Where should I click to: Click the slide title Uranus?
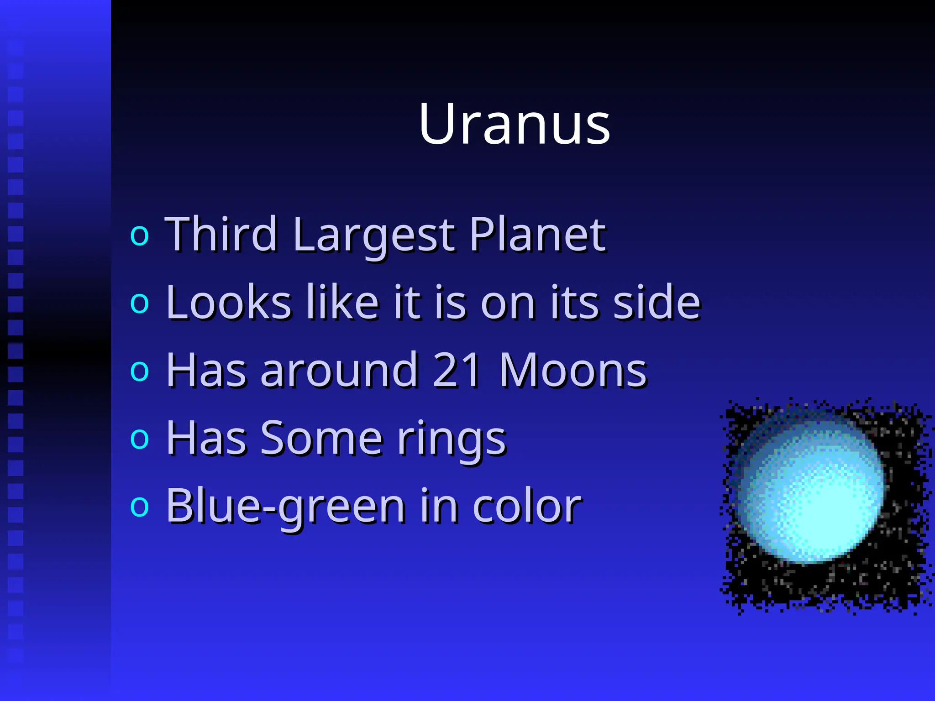514,124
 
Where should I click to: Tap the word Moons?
573,370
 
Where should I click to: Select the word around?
338,370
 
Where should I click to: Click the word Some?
321,438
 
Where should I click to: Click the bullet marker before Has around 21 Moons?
140,371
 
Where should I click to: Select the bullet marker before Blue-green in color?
140,507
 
